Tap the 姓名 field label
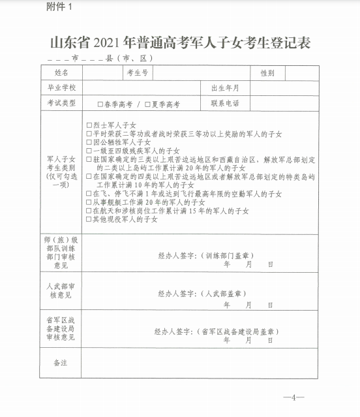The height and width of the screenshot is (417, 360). [62, 72]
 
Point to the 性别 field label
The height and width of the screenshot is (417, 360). [267, 72]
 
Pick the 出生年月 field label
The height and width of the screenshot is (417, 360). [225, 87]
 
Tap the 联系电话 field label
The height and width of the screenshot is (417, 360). [225, 103]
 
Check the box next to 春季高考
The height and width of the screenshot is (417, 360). [100, 104]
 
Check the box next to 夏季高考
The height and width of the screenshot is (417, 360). [148, 104]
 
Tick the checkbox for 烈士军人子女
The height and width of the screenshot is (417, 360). [89, 125]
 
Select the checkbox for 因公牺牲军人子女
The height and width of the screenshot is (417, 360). [89, 142]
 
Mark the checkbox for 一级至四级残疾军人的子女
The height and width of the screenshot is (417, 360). [89, 151]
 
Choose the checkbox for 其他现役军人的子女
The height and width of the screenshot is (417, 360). [89, 220]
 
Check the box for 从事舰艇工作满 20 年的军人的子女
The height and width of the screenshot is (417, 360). [89, 203]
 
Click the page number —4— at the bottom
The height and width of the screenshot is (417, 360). [293, 397]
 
